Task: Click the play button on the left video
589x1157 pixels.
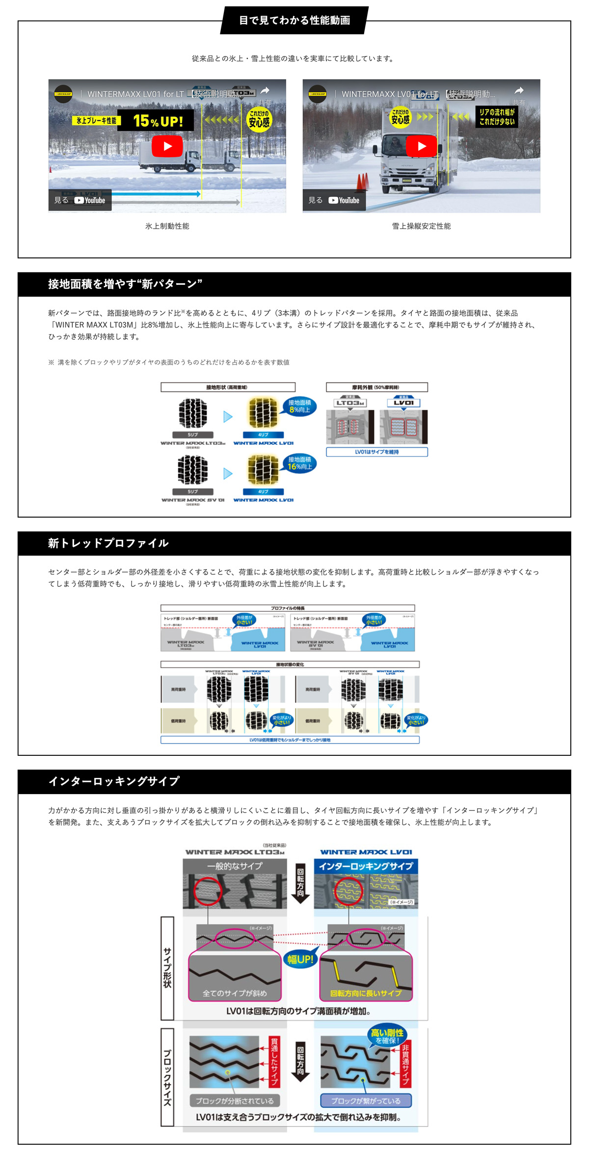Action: click(x=167, y=146)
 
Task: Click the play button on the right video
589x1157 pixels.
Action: click(x=422, y=146)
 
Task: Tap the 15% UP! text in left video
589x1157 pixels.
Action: click(x=158, y=121)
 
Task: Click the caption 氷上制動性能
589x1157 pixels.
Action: click(x=167, y=226)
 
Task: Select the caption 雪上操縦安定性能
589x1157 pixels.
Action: click(x=421, y=226)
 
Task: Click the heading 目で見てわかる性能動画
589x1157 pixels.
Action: click(x=294, y=20)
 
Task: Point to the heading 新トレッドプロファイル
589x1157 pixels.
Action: click(x=108, y=543)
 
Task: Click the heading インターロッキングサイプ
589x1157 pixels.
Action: click(x=114, y=781)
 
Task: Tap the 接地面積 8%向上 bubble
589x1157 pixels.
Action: click(x=299, y=406)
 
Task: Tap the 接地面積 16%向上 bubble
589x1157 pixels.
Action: click(x=299, y=463)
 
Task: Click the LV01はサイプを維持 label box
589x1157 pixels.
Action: click(x=377, y=452)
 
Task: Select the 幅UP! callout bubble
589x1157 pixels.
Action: click(x=300, y=959)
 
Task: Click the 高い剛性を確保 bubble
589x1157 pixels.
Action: click(x=387, y=1036)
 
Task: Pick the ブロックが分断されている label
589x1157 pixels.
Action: click(x=235, y=1101)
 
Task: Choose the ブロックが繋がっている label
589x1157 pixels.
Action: click(x=366, y=1101)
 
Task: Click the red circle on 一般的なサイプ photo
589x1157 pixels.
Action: click(x=208, y=891)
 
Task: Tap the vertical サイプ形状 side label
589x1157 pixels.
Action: click(x=167, y=967)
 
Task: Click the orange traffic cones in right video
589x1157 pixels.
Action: click(x=361, y=181)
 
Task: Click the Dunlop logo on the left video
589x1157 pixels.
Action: click(x=63, y=94)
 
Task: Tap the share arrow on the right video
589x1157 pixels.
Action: click(x=519, y=91)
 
